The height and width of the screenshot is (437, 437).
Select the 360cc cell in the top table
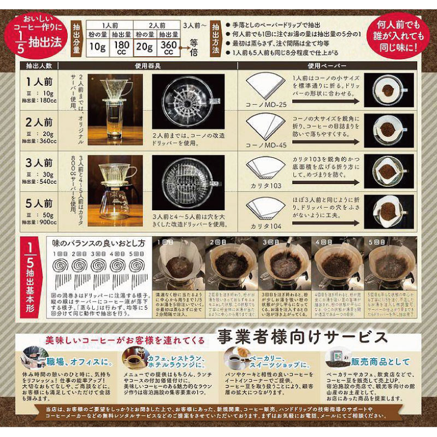169,45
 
